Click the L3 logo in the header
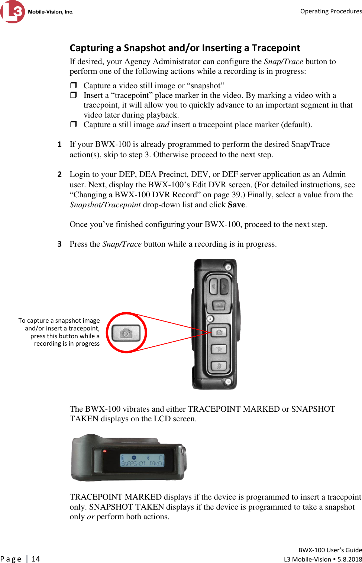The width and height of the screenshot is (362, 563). point(13,11)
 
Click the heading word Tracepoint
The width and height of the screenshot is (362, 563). point(276,48)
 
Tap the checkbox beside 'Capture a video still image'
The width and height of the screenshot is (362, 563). point(73,85)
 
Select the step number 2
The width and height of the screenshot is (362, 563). point(59,174)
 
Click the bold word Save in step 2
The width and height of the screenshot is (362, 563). point(236,205)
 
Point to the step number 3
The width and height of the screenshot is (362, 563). point(59,244)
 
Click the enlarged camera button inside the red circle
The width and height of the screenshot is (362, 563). point(126,333)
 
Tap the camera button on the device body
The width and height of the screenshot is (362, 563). point(219,332)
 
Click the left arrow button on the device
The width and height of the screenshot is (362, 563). point(213,286)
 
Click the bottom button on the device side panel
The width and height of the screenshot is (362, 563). point(219,366)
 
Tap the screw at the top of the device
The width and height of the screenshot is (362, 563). point(228,267)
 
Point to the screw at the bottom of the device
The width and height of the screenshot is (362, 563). point(228,381)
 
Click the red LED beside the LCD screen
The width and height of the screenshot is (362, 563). point(105,451)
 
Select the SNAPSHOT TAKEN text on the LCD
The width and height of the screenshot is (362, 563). point(142,464)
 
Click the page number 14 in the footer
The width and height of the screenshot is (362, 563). point(36,559)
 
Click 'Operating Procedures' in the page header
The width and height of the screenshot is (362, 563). point(331,11)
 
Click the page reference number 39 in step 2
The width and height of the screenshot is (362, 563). point(235,195)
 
